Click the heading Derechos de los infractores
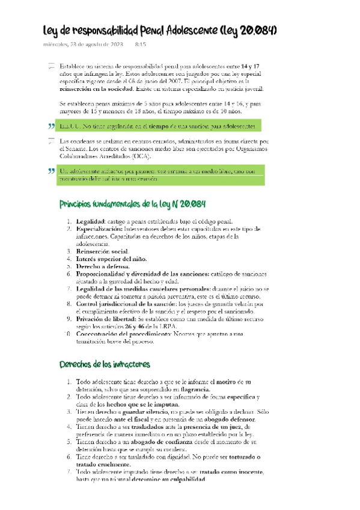coord(105,364)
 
